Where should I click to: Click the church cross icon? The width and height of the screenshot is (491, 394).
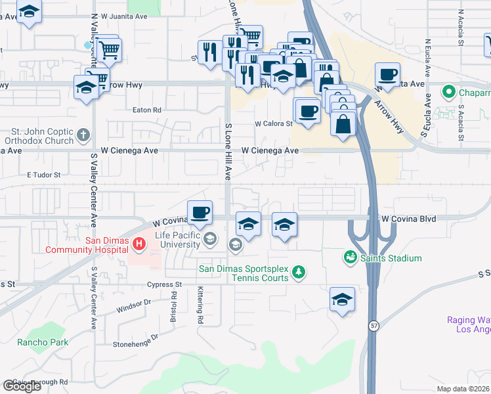pos(83,135)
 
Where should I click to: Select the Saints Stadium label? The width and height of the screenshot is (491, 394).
pos(391,259)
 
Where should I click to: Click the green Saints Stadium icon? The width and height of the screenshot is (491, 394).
pos(351,257)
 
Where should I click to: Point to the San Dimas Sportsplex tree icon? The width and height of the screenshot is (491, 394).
pos(299,272)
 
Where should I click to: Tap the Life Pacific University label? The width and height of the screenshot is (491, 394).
pos(177,240)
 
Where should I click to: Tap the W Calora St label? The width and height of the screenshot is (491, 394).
pos(273,123)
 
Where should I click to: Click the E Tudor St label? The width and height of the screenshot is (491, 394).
pos(43,175)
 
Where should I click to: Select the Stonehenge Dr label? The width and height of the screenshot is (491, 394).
pos(136,339)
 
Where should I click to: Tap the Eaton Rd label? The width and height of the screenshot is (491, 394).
pos(147,110)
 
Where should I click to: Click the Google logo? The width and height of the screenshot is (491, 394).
pos(22,386)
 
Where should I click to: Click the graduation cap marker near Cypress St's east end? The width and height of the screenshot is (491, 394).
pos(342,300)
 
